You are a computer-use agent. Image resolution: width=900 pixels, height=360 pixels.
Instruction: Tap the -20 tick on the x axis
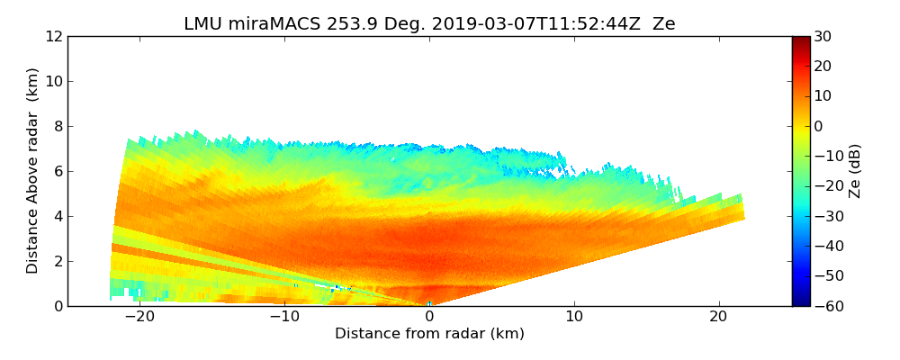(x=138, y=317)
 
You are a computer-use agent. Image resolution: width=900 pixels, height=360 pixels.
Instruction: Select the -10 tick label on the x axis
(x=283, y=317)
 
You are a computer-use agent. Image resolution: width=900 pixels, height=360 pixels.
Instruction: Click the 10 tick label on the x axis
(x=574, y=317)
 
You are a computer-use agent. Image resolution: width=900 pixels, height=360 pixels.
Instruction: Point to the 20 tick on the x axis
(x=719, y=317)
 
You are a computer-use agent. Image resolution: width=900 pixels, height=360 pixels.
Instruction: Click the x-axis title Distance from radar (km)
(x=429, y=334)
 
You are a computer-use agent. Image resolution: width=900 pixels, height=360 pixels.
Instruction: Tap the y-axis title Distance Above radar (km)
(x=33, y=170)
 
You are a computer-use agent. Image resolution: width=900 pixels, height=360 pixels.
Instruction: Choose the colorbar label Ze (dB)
(x=855, y=170)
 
